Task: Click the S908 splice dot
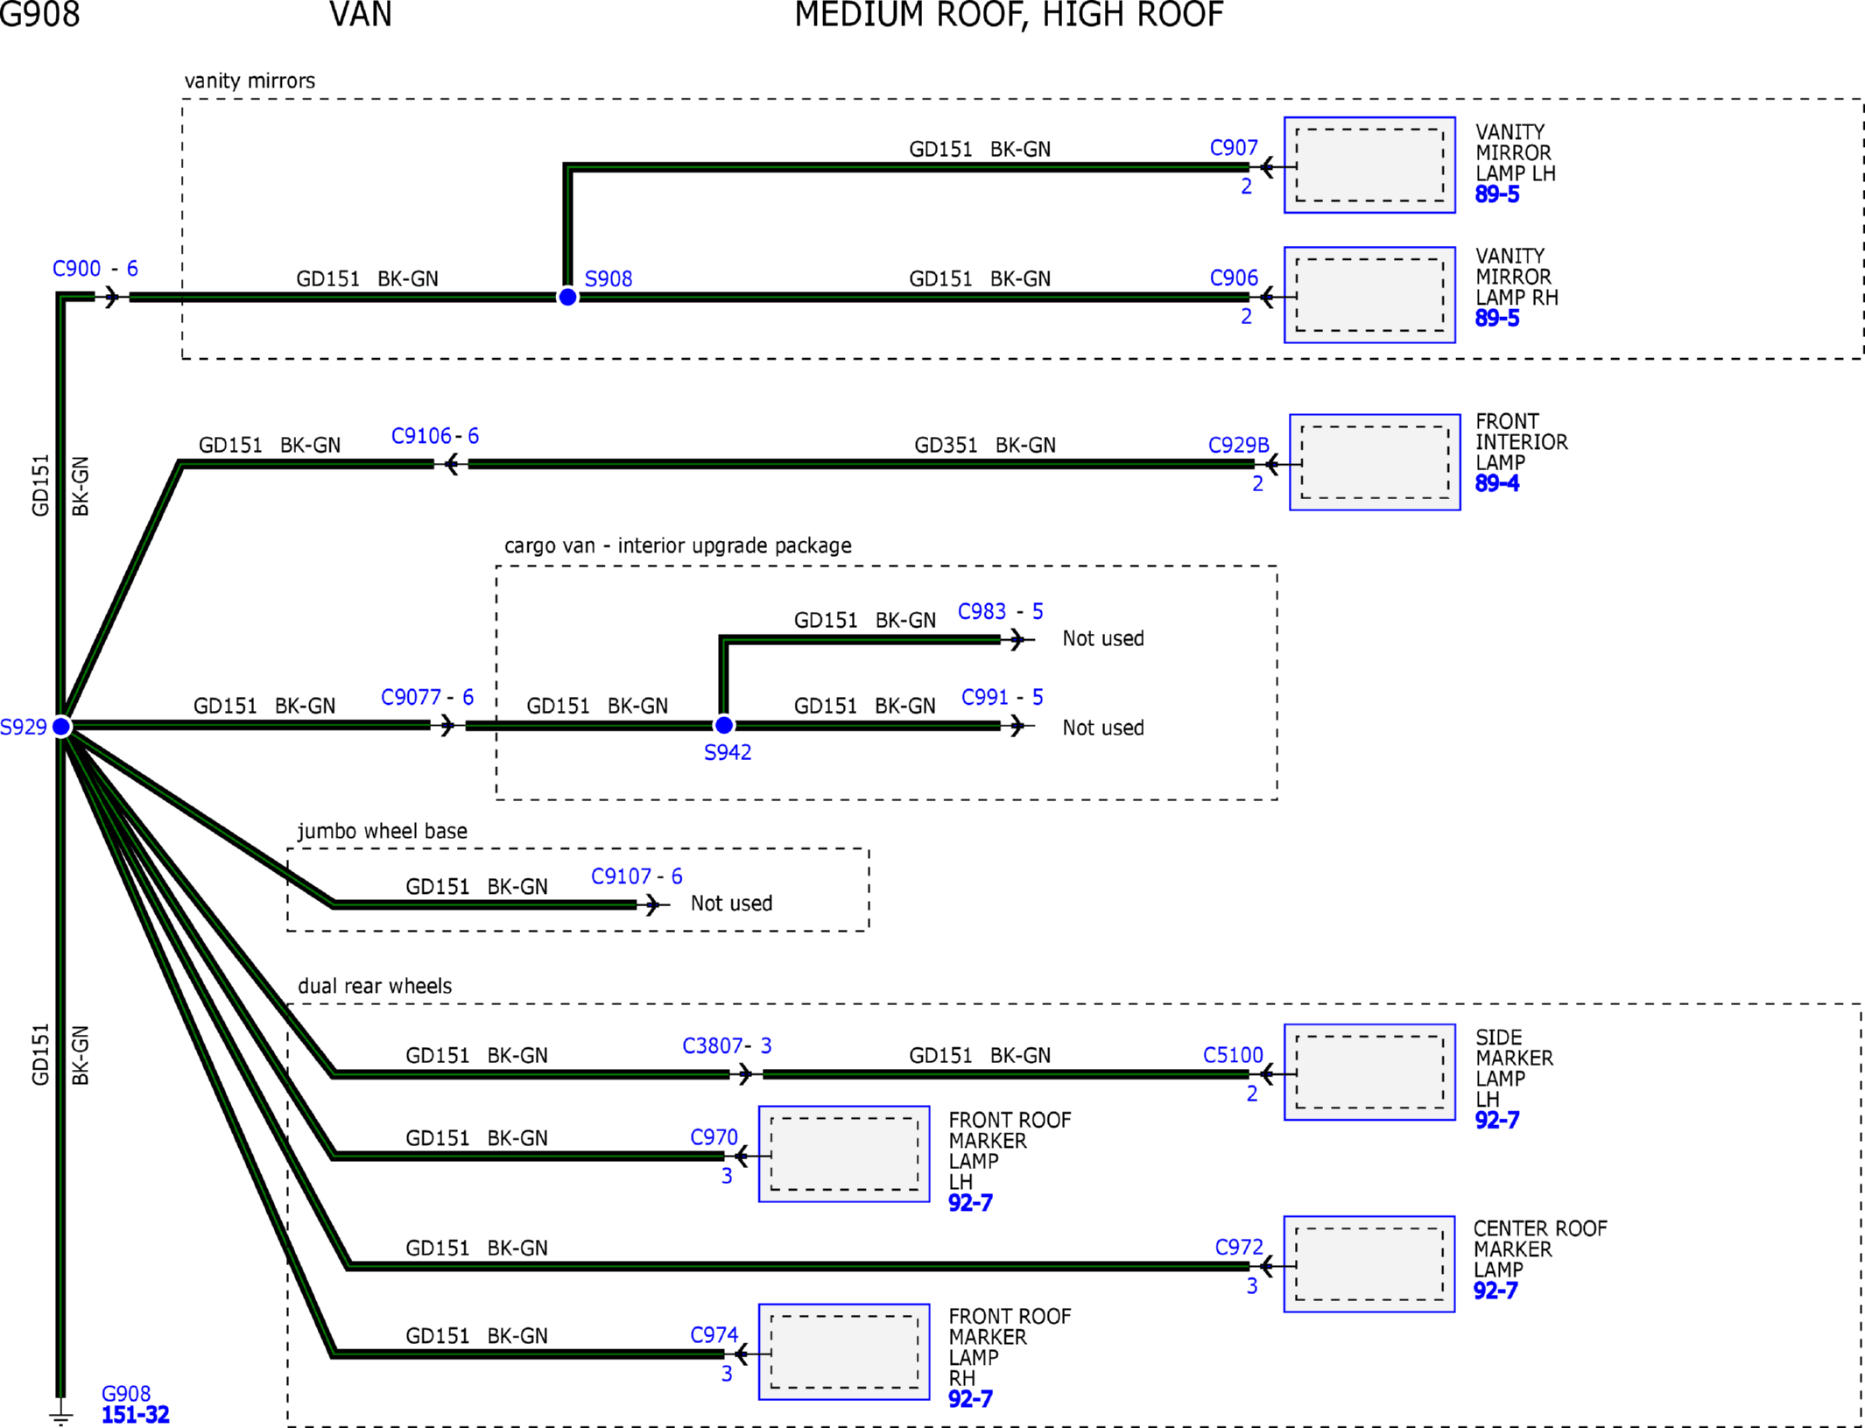pos(567,297)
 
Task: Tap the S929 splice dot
pos(61,726)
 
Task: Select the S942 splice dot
pos(724,725)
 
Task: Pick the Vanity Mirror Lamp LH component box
pos(1369,165)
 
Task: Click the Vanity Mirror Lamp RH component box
pos(1369,294)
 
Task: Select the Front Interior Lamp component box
pos(1375,461)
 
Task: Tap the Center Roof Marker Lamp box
pos(1369,1263)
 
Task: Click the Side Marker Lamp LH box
pos(1369,1072)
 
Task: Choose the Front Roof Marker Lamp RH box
pos(844,1351)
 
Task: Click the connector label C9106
pos(421,436)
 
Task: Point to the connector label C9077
pos(411,697)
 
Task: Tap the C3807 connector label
pos(713,1045)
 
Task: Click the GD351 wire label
pos(946,445)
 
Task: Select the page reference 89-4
pos(1497,483)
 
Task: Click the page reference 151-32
pos(136,1415)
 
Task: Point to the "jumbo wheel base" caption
pos(383,831)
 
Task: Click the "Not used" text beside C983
pos(1103,638)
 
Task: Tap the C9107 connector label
pos(621,876)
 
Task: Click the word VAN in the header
pos(361,15)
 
